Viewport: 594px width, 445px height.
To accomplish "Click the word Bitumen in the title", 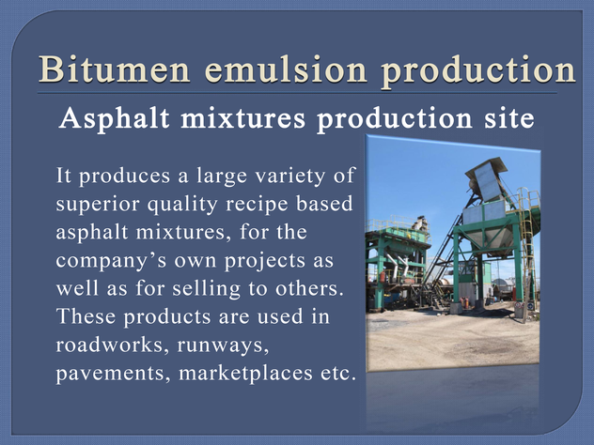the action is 114,69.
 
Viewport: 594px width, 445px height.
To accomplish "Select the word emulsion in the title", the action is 286,69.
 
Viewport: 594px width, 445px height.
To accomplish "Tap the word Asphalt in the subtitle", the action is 114,118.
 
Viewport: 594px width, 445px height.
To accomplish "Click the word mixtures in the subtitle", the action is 242,118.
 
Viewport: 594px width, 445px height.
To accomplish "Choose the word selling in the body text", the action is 206,288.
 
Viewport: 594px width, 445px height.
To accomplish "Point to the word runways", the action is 223,346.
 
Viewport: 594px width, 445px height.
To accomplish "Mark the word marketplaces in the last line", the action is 245,374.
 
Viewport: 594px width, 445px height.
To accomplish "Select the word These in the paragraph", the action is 86,316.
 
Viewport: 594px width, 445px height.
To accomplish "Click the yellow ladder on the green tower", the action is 526,242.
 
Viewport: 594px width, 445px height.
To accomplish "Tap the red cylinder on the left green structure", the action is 383,276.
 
